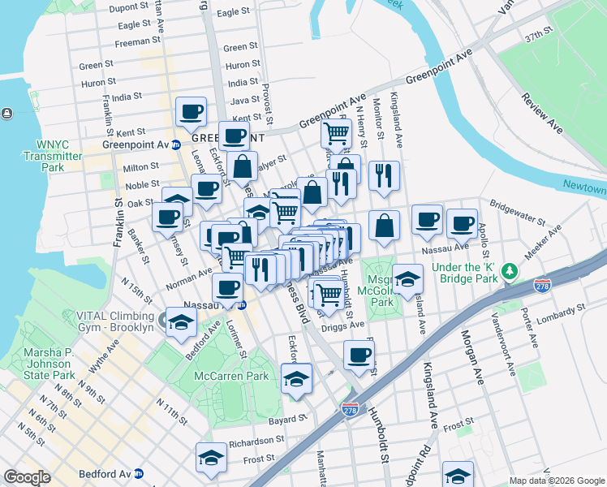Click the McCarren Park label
231,376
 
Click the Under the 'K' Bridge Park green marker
509,269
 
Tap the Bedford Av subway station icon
139,472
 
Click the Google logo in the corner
27,476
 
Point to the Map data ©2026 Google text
556,481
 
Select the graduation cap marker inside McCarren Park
296,378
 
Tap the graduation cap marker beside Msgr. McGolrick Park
407,279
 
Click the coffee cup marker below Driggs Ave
359,354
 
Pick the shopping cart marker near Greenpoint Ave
336,131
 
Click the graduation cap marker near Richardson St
211,459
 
